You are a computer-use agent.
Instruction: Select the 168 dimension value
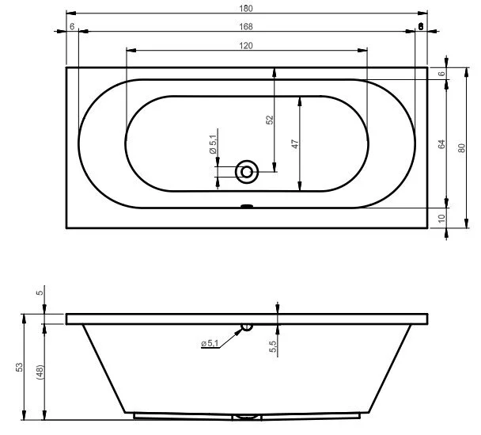tap(246, 26)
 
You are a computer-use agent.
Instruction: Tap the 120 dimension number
tap(246, 45)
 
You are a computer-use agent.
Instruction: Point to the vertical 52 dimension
tap(270, 120)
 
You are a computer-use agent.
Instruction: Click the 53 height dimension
tap(20, 368)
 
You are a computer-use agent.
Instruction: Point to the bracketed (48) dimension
tap(39, 368)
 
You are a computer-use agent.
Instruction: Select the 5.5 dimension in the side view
tap(272, 346)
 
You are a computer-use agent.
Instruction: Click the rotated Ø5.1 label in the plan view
tap(213, 145)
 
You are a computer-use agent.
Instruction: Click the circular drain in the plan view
tap(247, 170)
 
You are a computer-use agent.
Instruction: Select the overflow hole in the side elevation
tap(247, 326)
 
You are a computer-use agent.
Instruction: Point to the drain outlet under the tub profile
tap(247, 416)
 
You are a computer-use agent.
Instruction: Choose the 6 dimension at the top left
tap(72, 26)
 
